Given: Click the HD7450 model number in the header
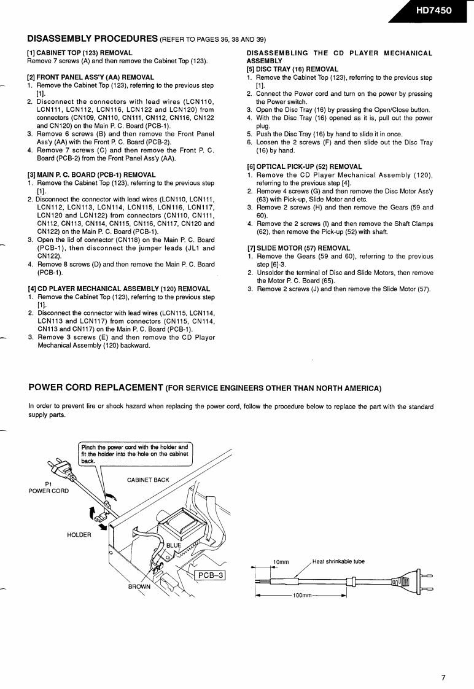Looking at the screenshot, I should [x=434, y=10].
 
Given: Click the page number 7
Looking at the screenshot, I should [x=443, y=661].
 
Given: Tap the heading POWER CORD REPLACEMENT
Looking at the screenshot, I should [x=96, y=387].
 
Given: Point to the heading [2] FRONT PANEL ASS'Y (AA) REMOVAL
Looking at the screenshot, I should [x=90, y=77].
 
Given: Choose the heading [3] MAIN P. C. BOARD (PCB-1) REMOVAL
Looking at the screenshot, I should [x=91, y=175].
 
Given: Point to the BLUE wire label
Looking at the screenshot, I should [x=174, y=545].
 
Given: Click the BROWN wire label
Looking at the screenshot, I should [x=139, y=586].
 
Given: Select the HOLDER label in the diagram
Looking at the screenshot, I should [x=79, y=535].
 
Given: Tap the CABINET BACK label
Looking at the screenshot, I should [x=148, y=480].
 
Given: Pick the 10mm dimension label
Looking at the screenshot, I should [x=281, y=562].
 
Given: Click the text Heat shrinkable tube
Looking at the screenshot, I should [x=338, y=561].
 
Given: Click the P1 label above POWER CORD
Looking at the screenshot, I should [x=49, y=483].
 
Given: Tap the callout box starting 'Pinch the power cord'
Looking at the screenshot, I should [x=135, y=453].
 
